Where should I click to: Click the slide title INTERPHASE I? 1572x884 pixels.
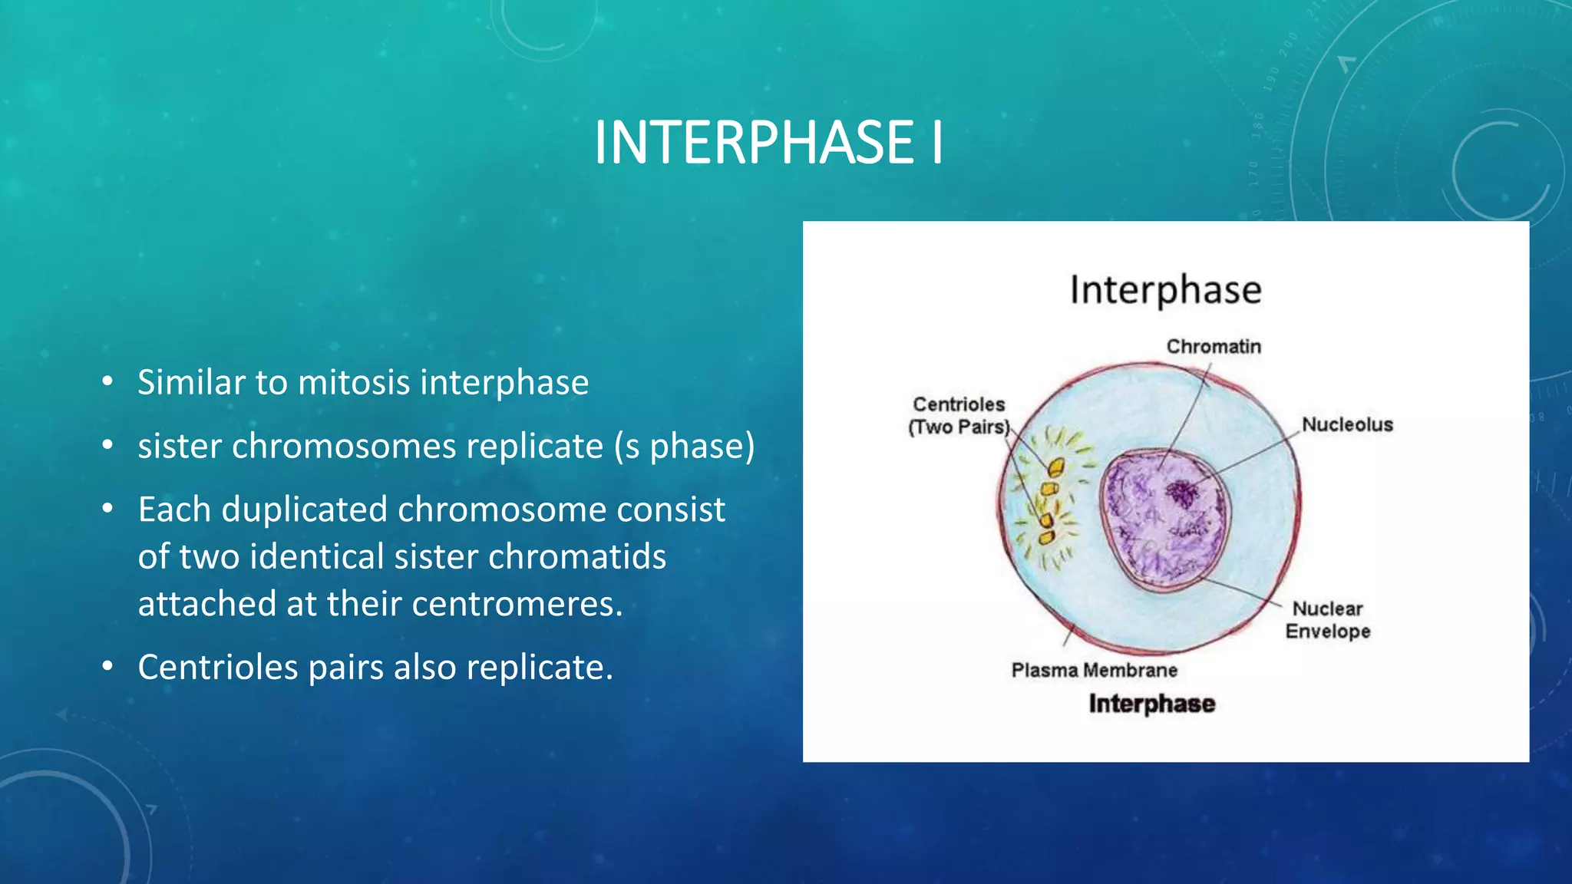768,143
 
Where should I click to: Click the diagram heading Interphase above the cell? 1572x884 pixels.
1165,290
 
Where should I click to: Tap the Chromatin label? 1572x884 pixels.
1213,347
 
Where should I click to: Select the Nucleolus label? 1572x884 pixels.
1346,424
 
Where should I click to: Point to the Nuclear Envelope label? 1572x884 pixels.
1327,619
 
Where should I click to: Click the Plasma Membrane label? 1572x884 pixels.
1094,670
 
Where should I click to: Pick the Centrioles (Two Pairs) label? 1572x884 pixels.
958,415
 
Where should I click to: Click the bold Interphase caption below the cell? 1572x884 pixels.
1151,704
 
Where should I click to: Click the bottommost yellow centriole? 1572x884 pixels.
1046,537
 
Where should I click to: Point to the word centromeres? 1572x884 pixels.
517,604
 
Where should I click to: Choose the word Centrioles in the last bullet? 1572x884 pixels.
217,667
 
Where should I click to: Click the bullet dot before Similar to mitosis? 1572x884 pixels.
107,381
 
